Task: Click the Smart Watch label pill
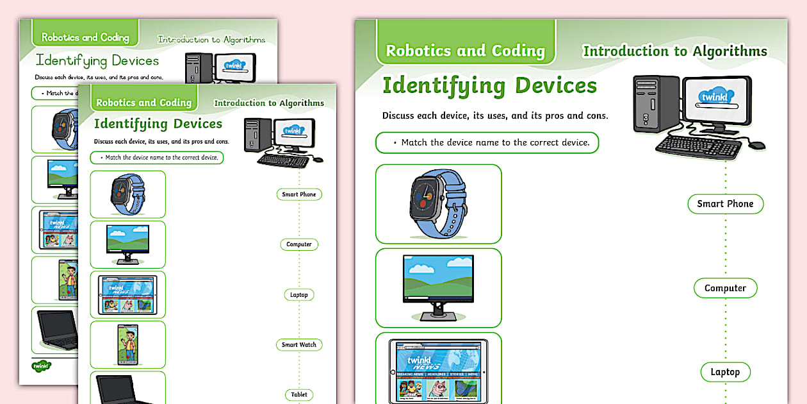[299, 344]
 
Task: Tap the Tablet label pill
[299, 394]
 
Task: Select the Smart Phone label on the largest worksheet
[725, 204]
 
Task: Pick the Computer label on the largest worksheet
[725, 288]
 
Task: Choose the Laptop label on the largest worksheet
[725, 372]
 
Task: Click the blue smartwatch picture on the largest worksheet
[438, 203]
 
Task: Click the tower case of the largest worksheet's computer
[655, 104]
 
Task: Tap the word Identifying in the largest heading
[446, 86]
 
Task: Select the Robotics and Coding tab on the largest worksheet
[465, 51]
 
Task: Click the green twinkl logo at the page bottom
[41, 366]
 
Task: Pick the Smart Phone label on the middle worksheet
[299, 194]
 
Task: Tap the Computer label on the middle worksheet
[299, 244]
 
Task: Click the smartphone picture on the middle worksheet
[127, 344]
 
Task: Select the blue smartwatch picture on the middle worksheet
[127, 194]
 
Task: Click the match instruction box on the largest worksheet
[487, 142]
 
